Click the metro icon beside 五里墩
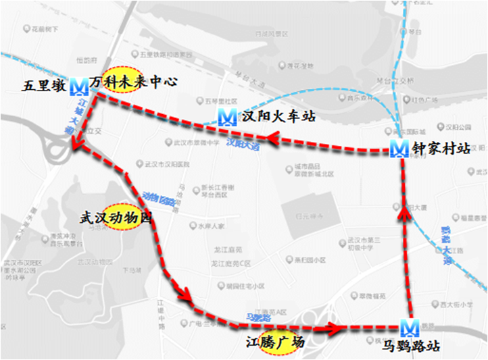point(78,85)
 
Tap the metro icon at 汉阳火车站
point(228,118)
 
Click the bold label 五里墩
point(45,86)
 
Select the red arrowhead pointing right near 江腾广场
point(333,328)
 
